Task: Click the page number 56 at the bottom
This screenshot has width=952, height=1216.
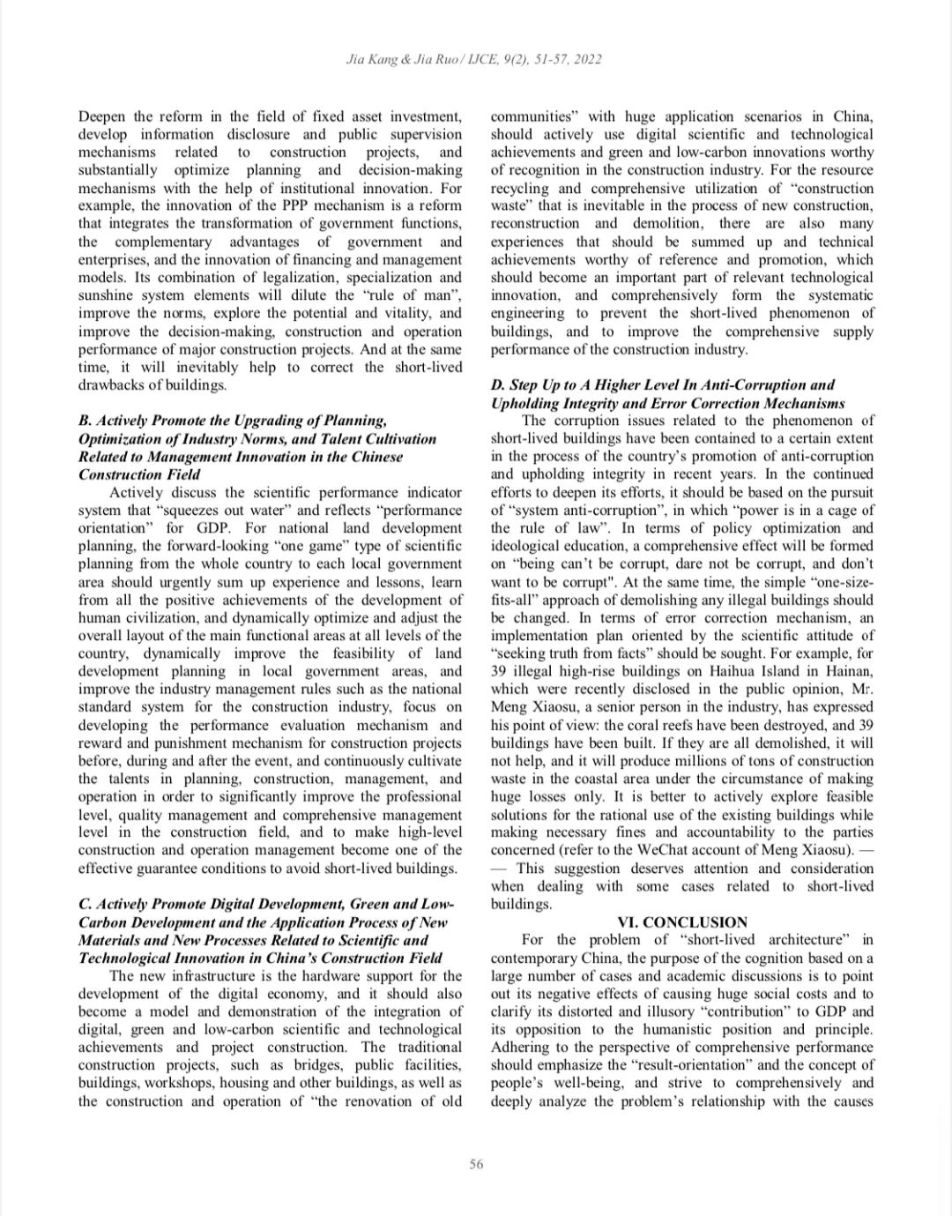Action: pos(476,1164)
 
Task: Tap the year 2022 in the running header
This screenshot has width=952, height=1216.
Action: pos(587,60)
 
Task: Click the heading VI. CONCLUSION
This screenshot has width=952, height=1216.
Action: pos(682,922)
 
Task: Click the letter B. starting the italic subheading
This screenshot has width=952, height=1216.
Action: pos(85,421)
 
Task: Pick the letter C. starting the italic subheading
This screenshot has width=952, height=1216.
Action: pos(86,905)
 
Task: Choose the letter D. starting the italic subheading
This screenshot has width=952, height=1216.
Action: pos(498,385)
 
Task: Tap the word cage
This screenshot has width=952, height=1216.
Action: pos(834,511)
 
